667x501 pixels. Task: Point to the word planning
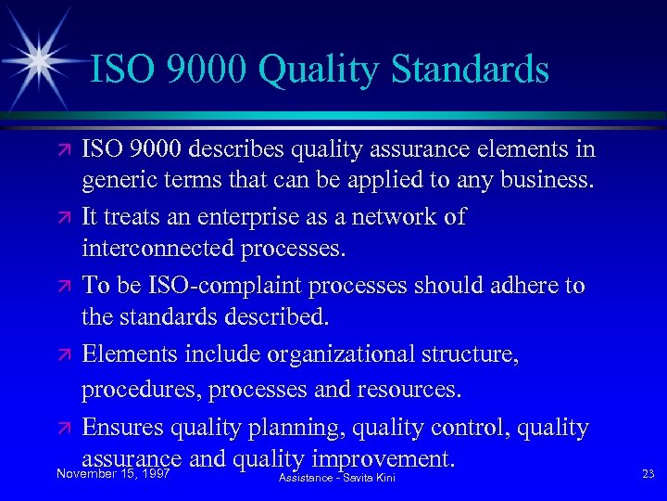[295, 427]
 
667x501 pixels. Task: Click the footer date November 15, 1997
[111, 475]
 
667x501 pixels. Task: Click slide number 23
[648, 474]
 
